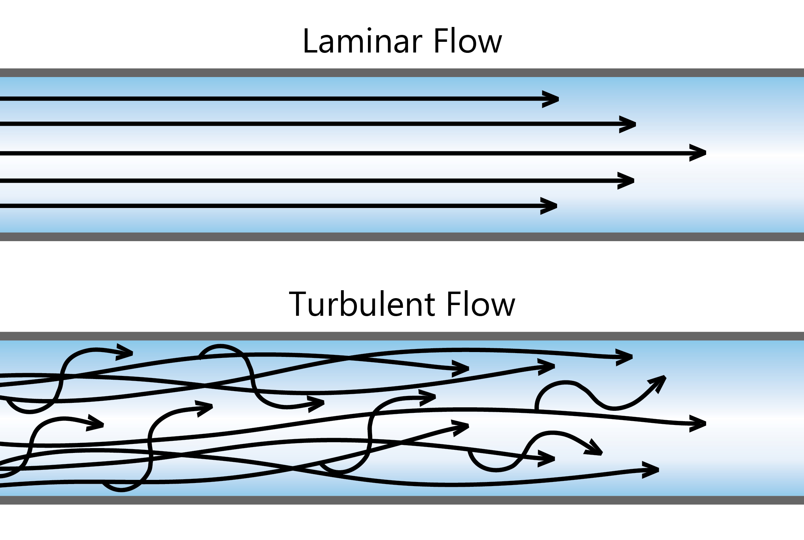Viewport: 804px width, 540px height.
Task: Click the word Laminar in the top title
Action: (363, 41)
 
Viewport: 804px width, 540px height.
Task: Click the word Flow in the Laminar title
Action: (468, 41)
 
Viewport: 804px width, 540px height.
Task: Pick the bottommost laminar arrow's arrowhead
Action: (549, 206)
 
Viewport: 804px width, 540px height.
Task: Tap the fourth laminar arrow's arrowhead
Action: (626, 181)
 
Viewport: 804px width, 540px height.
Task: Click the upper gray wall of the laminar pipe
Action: (402, 73)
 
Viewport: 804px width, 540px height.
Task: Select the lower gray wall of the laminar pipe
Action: (402, 237)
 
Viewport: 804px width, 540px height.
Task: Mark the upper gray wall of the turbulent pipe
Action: (402, 336)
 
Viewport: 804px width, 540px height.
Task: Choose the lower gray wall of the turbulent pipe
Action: (402, 500)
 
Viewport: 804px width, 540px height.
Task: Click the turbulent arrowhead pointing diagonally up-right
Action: (658, 383)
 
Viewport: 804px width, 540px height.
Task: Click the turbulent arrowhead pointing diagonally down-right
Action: (594, 448)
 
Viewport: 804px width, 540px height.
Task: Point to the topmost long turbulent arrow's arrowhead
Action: (624, 358)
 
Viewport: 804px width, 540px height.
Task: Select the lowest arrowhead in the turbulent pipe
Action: (650, 470)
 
